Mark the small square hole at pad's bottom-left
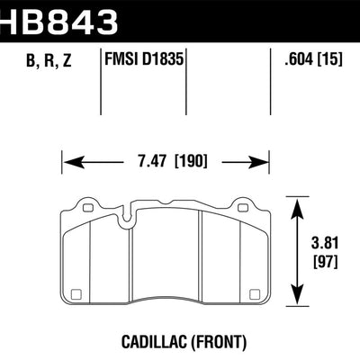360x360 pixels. tap(77, 292)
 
